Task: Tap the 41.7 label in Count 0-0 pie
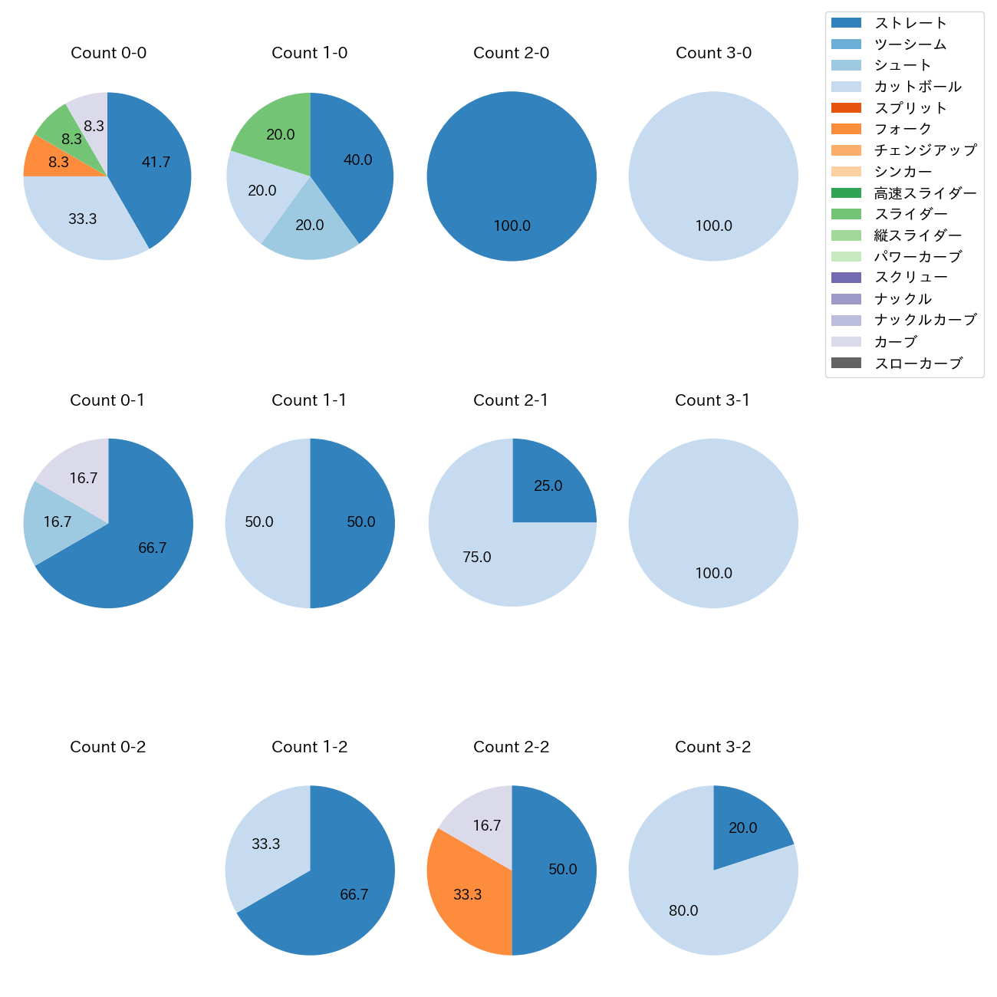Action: (156, 163)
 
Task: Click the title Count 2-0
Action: (512, 53)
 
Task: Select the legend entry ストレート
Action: (910, 23)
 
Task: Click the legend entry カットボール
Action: (917, 87)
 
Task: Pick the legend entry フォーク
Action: (903, 129)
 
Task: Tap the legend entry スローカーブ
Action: (918, 364)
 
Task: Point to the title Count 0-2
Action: (108, 747)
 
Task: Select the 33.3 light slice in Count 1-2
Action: (265, 844)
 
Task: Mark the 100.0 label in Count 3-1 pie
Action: (713, 574)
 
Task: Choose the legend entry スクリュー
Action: (910, 278)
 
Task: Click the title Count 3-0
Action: (713, 53)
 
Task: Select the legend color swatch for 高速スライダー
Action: (846, 192)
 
